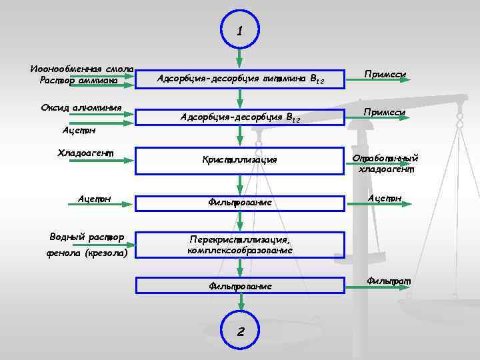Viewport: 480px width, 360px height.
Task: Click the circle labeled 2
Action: pyautogui.click(x=239, y=331)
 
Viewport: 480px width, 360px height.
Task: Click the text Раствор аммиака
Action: pyautogui.click(x=78, y=81)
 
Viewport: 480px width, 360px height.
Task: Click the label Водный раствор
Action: pyautogui.click(x=87, y=237)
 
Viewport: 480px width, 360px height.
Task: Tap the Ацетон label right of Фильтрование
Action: pyautogui.click(x=384, y=198)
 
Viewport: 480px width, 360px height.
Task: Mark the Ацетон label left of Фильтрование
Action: pyautogui.click(x=94, y=198)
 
